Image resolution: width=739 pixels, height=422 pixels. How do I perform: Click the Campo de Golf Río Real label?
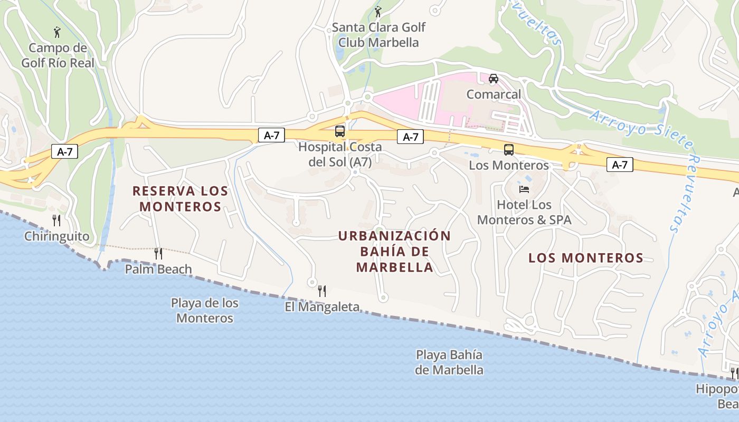(58, 55)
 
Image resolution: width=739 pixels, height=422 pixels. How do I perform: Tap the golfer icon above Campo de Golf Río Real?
(58, 33)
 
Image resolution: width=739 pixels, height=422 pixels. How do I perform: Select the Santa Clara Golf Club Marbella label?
(378, 35)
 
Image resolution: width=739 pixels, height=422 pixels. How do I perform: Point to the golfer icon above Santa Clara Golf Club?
(377, 12)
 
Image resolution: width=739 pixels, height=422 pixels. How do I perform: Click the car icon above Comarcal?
(494, 79)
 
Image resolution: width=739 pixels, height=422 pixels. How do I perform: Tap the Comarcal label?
(494, 94)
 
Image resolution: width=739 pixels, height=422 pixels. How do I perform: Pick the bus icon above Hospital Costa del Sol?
(340, 131)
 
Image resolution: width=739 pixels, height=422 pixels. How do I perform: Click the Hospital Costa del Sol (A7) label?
(340, 155)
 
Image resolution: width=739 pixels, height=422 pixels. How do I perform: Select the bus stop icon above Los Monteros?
(509, 150)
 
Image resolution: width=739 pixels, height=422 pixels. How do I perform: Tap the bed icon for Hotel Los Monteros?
(524, 189)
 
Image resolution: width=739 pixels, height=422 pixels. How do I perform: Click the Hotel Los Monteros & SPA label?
(524, 212)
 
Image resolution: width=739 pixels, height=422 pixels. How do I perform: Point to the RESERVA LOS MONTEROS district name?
(180, 198)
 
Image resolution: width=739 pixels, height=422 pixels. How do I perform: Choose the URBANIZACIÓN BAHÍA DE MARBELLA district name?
(395, 251)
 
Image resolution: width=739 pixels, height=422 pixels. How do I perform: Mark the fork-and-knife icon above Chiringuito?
(56, 220)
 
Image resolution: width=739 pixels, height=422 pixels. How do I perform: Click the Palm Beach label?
(158, 270)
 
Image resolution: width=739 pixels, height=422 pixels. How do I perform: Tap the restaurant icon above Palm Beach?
(158, 254)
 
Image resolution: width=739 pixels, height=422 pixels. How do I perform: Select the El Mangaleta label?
(322, 307)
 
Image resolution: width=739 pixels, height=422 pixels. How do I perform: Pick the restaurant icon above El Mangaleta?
(322, 291)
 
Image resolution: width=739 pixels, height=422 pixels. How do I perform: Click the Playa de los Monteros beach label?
(204, 311)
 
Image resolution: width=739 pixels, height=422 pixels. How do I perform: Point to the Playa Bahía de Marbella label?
(449, 362)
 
